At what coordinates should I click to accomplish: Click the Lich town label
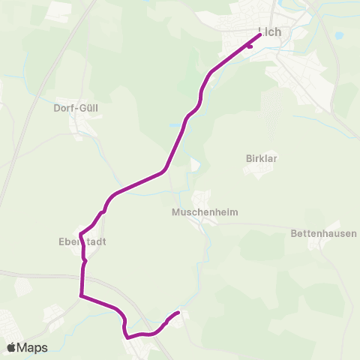[x=268, y=32]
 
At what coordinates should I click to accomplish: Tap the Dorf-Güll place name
[x=76, y=107]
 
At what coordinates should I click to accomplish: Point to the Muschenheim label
[x=205, y=212]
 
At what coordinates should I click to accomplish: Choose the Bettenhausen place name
[x=323, y=234]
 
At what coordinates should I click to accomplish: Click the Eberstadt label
[x=80, y=241]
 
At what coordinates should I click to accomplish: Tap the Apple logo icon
[x=11, y=347]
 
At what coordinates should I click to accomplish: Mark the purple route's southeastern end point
[x=178, y=312]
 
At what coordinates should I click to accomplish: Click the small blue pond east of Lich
[x=338, y=35]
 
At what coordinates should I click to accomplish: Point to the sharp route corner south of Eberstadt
[x=80, y=295]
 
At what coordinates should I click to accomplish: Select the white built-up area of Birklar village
[x=259, y=170]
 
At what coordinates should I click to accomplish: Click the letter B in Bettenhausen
[x=293, y=234]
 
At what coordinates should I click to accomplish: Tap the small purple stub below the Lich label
[x=249, y=46]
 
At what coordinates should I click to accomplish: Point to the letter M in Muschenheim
[x=175, y=212]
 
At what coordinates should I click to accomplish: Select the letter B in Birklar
[x=248, y=158]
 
